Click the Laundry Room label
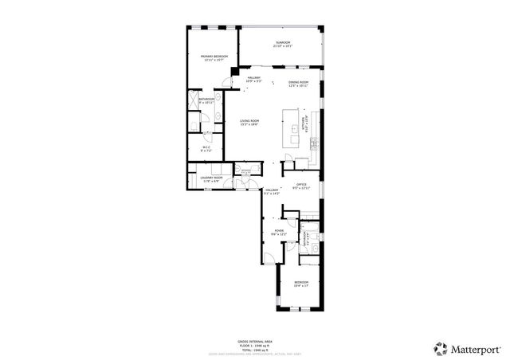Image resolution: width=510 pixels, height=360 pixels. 211,179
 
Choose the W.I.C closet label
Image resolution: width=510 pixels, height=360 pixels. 206,147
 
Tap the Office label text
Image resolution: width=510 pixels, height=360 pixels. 301,186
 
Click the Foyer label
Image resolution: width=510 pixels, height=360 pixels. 279,232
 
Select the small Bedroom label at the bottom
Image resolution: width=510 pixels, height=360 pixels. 300,284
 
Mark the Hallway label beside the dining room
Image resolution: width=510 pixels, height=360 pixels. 253,79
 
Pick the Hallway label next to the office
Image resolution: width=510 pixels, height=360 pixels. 272,191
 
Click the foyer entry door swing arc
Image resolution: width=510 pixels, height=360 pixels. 270,256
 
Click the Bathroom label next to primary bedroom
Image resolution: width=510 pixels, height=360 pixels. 206,100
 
